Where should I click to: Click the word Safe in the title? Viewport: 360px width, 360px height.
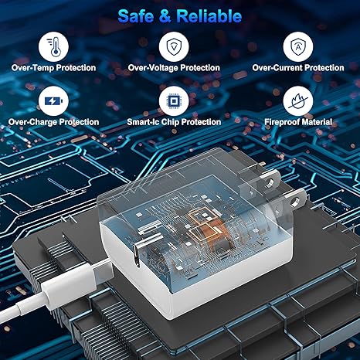(136, 16)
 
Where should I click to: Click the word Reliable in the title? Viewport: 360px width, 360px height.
(209, 16)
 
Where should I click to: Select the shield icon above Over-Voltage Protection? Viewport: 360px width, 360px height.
(174, 46)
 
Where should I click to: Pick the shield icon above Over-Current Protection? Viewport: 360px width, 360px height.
(298, 46)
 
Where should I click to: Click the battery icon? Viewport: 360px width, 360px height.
(53, 101)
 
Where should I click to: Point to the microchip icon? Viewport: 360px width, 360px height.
(174, 101)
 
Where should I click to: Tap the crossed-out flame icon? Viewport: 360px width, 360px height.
(298, 101)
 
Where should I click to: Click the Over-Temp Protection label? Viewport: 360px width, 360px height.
(53, 68)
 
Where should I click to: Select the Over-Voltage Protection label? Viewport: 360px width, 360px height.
(174, 68)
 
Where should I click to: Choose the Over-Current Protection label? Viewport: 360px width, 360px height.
(298, 68)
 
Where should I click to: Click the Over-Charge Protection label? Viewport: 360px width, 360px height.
(53, 122)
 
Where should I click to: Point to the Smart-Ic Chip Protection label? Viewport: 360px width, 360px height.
(174, 122)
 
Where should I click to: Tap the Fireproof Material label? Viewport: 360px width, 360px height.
(298, 122)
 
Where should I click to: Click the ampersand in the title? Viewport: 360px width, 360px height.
(165, 16)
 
